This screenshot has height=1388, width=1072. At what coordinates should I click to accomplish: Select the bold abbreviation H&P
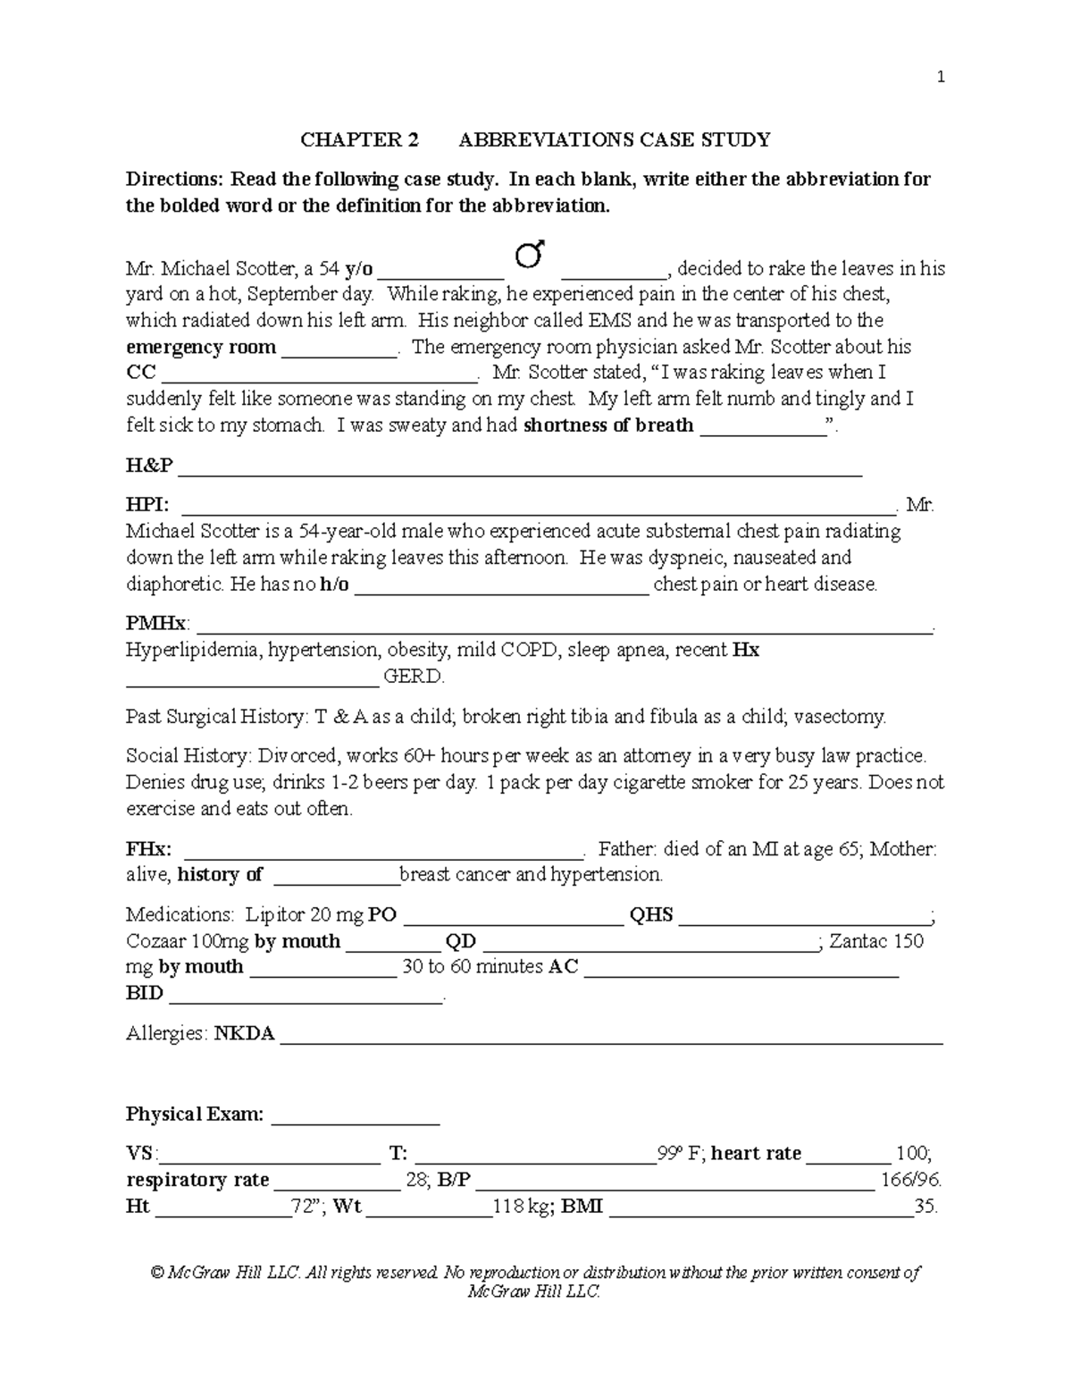(x=149, y=466)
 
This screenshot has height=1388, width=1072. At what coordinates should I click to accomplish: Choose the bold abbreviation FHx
(x=149, y=849)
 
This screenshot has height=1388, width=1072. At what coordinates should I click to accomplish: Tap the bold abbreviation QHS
(x=651, y=915)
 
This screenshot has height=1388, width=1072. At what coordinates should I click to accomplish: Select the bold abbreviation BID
(x=144, y=994)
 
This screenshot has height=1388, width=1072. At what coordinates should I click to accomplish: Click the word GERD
(x=413, y=677)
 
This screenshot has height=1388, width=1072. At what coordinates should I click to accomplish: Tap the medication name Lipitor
(x=275, y=915)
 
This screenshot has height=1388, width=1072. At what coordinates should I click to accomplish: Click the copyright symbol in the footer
(x=158, y=1273)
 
